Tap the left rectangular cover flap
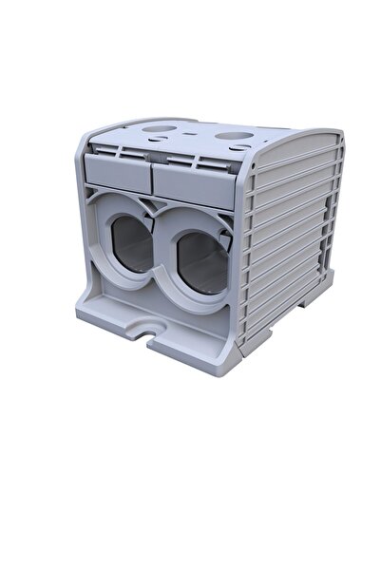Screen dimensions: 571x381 coord(117,170)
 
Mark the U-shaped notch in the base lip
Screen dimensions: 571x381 coord(150,332)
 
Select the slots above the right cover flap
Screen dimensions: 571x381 coord(195,160)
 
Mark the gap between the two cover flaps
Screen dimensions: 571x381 coord(152,175)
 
